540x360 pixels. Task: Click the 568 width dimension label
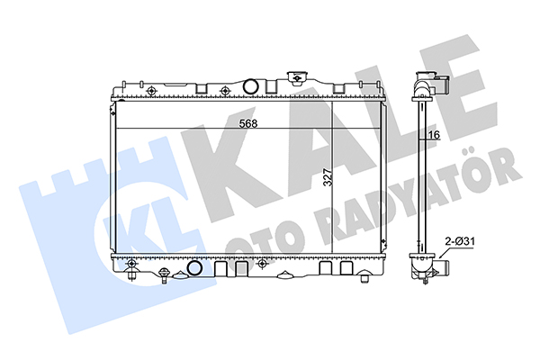tap(248, 123)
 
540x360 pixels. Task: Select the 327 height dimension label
tap(328, 177)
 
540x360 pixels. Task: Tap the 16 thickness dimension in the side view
tap(435, 135)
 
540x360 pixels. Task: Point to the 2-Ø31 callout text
tap(460, 241)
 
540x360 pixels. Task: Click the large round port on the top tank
tap(250, 86)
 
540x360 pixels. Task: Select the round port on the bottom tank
tap(195, 268)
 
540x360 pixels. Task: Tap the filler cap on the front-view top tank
tap(296, 77)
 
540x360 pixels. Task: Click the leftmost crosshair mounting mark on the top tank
tap(151, 91)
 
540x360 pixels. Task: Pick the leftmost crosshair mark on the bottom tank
tap(130, 264)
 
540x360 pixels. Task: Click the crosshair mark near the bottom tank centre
tap(262, 264)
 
